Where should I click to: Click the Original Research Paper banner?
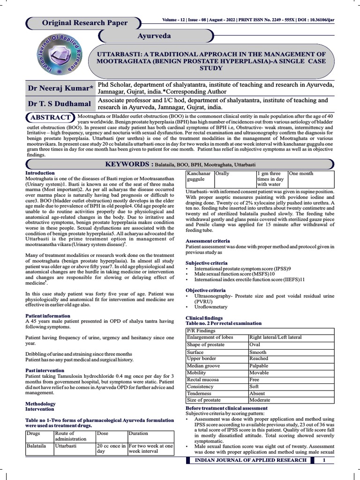(x=84, y=22)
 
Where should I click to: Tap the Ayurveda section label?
(x=154, y=36)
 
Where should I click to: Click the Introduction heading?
(x=40, y=173)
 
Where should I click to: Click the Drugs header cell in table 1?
(x=35, y=434)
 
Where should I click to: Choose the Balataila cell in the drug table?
(x=37, y=446)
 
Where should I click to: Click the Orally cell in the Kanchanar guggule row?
(x=222, y=173)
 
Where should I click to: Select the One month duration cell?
(x=301, y=173)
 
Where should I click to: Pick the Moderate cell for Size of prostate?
(x=260, y=400)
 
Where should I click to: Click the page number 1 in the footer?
(x=324, y=460)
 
